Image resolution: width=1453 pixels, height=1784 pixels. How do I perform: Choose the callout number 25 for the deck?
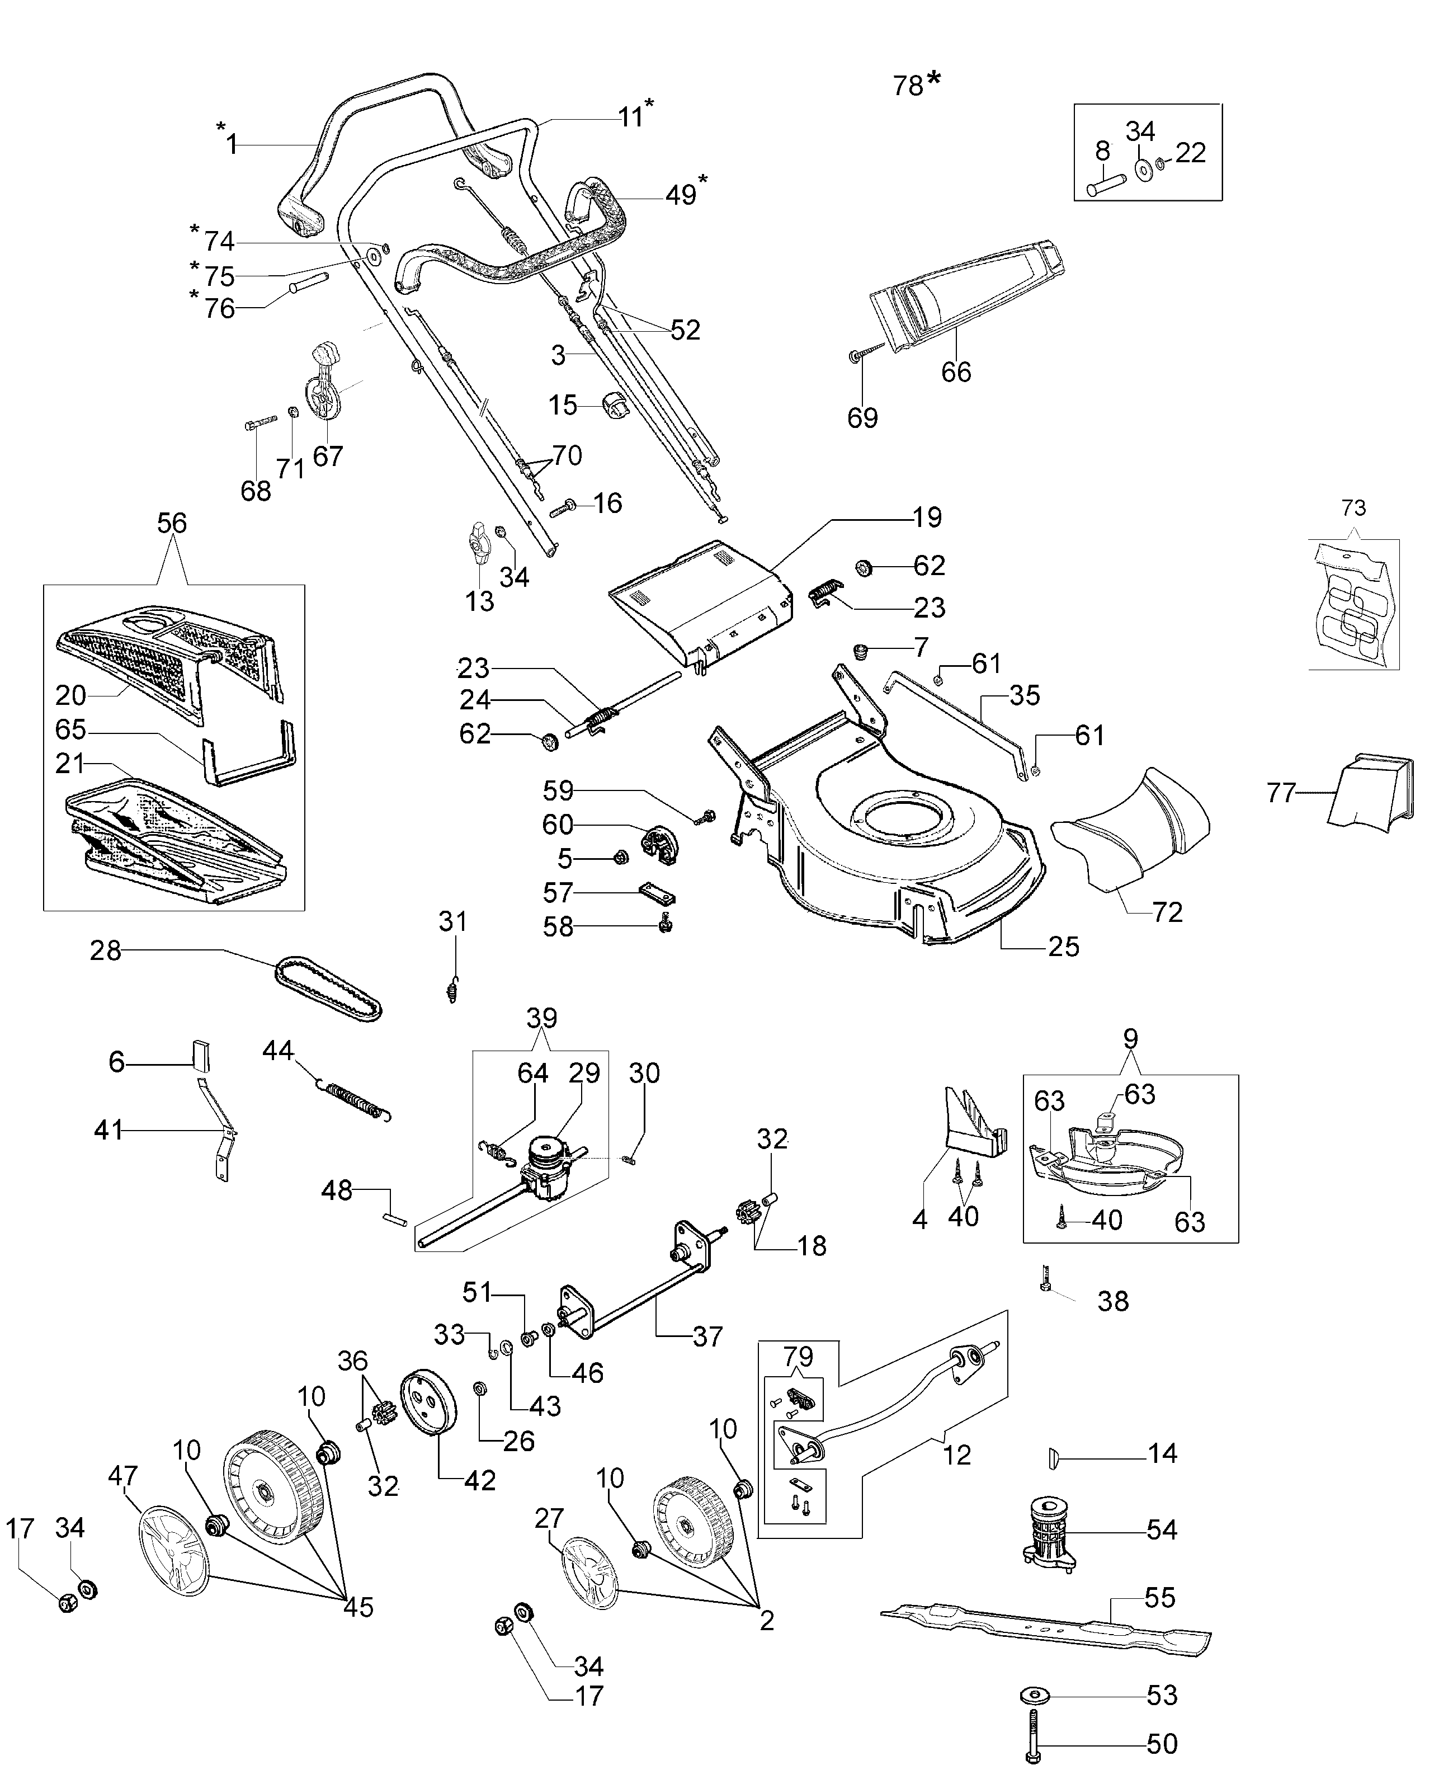[1063, 947]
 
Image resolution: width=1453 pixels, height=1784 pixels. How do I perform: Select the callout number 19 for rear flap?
[927, 517]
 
